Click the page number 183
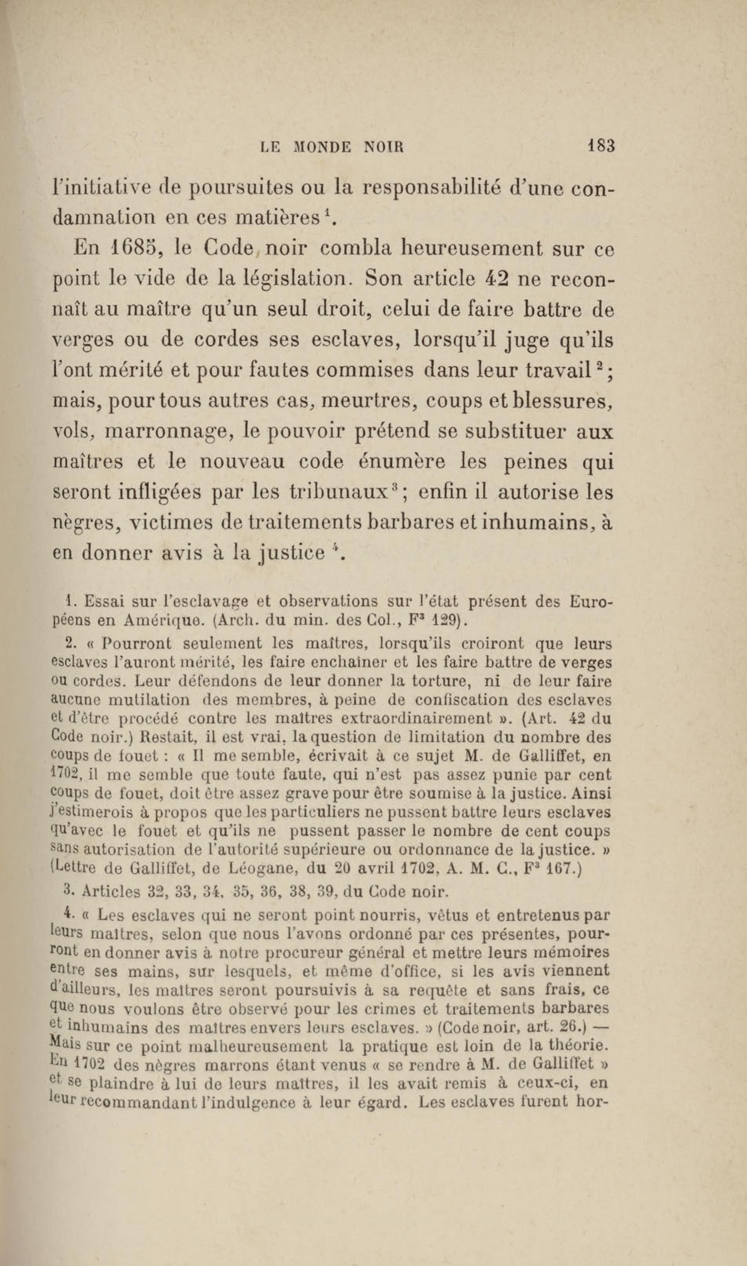point(601,147)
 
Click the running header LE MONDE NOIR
point(333,148)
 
